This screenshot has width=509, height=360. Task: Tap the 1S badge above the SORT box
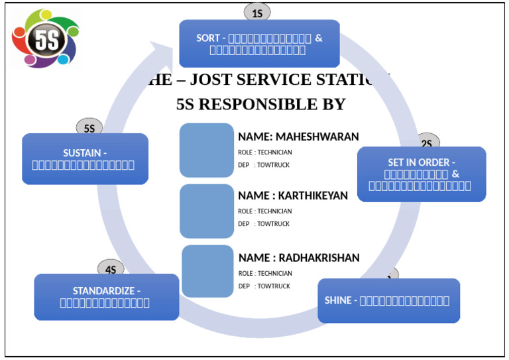(x=257, y=13)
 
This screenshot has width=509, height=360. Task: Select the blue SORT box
(x=259, y=44)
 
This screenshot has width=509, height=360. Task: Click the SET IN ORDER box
(x=421, y=174)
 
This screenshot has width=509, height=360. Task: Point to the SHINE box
(x=388, y=300)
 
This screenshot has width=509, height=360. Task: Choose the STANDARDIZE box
(x=106, y=297)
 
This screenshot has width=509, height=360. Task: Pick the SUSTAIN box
(x=85, y=158)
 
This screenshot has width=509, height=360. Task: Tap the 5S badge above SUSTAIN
(x=89, y=129)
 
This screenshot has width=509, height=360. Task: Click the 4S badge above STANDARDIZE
(x=111, y=269)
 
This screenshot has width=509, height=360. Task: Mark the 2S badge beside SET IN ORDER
(x=427, y=143)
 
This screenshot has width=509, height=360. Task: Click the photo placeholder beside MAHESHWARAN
(x=207, y=150)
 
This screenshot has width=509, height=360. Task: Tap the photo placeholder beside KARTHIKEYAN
(x=207, y=210)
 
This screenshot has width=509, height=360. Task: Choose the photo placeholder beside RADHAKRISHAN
(x=207, y=271)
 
